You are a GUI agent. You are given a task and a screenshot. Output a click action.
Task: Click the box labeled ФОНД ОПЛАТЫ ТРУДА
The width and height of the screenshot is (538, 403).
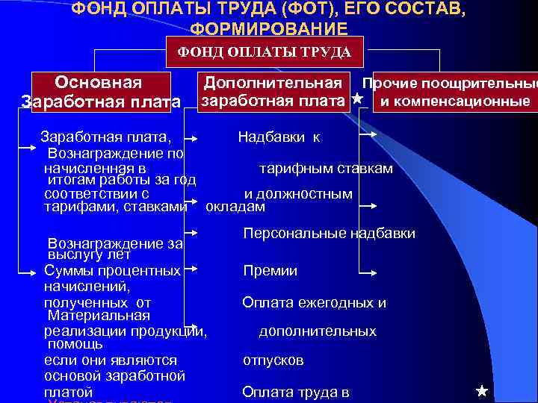[x=263, y=51]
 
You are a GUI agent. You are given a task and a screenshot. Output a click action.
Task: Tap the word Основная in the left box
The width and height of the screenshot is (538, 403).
[x=99, y=81]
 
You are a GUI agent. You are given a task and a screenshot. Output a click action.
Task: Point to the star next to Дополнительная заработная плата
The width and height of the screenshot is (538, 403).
[x=357, y=99]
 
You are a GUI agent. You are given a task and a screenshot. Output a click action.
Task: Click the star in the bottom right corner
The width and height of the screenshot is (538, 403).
[x=481, y=390]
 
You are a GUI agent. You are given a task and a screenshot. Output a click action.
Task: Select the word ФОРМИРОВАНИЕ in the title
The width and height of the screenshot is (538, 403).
[x=268, y=29]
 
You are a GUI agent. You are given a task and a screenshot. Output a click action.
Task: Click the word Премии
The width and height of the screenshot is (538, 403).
[x=270, y=271]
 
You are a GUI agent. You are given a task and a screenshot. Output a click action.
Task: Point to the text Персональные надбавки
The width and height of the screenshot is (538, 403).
[x=330, y=234]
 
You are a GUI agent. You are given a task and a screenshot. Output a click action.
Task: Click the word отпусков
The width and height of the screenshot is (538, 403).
[x=273, y=360]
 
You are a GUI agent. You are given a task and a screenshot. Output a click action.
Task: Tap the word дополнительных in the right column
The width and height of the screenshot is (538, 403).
[x=318, y=331]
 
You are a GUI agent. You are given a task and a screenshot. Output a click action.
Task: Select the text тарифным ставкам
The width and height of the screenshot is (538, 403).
[x=326, y=169]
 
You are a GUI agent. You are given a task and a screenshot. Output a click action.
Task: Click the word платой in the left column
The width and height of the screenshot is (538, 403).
[x=68, y=392]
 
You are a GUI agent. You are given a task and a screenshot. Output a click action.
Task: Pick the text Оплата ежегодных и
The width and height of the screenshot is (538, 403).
[x=314, y=302]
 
